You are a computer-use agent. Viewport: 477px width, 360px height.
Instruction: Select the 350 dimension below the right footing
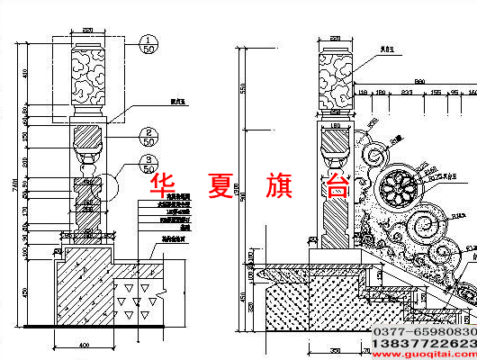tap(335, 350)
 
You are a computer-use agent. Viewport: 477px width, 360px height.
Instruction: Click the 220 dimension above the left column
tap(87, 31)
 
